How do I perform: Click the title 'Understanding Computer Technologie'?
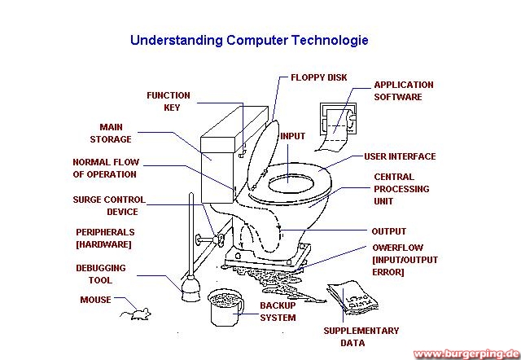[x=249, y=39]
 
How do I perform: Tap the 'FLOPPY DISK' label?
[x=319, y=78]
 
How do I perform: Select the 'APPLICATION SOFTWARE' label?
[x=403, y=90]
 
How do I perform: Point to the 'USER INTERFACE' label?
[x=400, y=156]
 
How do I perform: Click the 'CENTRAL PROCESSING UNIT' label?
[x=394, y=189]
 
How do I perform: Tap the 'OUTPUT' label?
[x=388, y=231]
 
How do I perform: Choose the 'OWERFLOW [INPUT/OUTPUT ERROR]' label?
[x=399, y=259]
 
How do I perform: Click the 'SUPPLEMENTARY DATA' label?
[x=361, y=336]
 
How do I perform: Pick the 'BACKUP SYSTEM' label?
[x=278, y=311]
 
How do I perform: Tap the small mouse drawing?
[x=135, y=313]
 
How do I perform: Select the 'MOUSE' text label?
[x=95, y=300]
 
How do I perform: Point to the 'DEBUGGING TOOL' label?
[x=101, y=274]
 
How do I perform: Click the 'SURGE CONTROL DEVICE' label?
[x=109, y=205]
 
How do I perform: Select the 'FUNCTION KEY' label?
[x=169, y=101]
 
